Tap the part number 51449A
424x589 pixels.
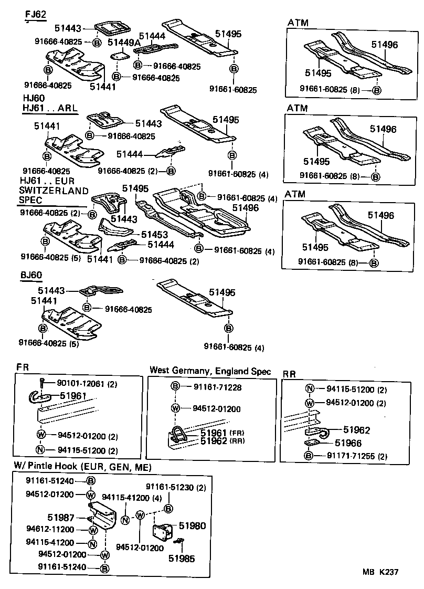click(124, 42)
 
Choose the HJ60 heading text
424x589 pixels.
click(34, 98)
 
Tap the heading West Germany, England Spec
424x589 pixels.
click(210, 371)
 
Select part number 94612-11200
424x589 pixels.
click(50, 529)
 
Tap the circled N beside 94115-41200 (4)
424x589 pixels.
click(125, 520)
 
